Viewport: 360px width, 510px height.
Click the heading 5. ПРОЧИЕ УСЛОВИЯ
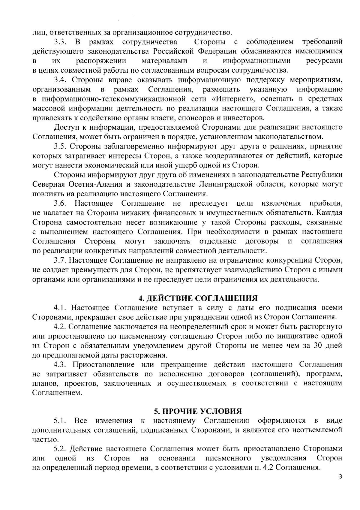[x=198, y=411]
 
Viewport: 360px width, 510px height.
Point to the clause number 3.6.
[x=60, y=204]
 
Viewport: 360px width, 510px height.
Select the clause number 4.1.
[x=60, y=308]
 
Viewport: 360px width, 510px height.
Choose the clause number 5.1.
[x=60, y=421]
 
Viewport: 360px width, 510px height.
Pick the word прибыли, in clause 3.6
[x=325, y=204]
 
